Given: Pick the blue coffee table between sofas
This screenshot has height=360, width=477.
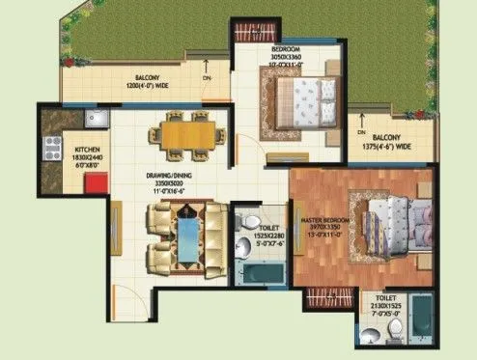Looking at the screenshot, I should click(x=184, y=232).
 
